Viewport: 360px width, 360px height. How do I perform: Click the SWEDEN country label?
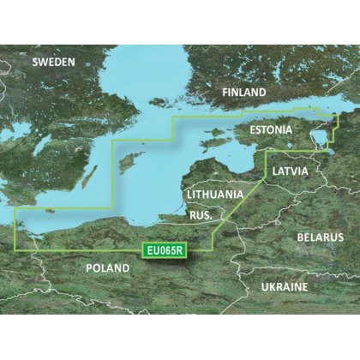(x=53, y=63)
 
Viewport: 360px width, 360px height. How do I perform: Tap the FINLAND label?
(x=244, y=92)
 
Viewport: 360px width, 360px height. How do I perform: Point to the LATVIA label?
(x=291, y=172)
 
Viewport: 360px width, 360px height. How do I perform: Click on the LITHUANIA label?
(x=215, y=195)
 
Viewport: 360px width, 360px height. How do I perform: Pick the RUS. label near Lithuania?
(x=198, y=216)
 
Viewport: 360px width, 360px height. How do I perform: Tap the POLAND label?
(x=108, y=268)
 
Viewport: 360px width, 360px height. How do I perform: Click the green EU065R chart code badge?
(x=162, y=249)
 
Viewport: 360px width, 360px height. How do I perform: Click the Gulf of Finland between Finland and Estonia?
(x=274, y=109)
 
